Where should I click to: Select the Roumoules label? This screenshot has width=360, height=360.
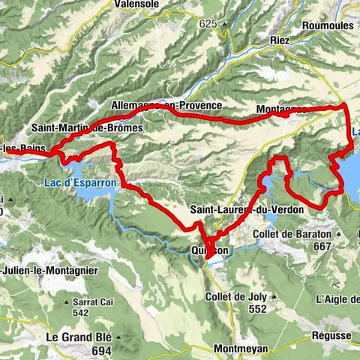coord(328,25)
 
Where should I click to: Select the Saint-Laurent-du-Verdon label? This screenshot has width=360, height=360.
coord(247,210)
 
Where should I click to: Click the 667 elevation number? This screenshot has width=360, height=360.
coord(322,246)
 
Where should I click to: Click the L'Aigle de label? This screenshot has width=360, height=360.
coord(338,299)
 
